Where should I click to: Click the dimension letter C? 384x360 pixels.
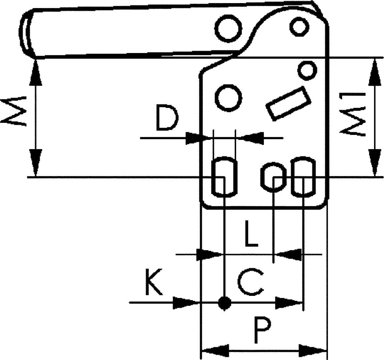click(250, 282)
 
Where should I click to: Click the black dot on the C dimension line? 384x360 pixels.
click(224, 303)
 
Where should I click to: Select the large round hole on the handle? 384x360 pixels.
click(228, 28)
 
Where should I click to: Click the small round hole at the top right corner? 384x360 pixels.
click(299, 27)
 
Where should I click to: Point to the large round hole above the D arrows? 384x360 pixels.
click(228, 99)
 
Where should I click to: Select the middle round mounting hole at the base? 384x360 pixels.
click(273, 176)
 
